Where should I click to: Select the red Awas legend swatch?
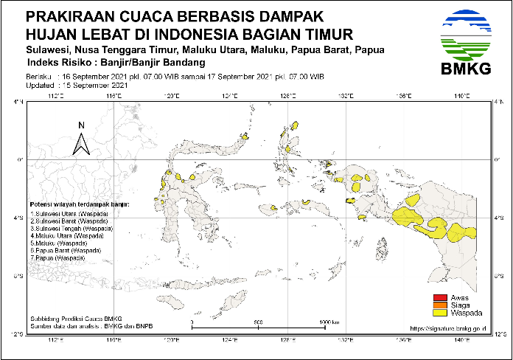point(439,297)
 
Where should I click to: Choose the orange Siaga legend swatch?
point(439,305)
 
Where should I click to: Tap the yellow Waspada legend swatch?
point(439,312)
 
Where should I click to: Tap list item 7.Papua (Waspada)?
point(57,259)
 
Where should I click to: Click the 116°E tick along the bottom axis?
point(114,340)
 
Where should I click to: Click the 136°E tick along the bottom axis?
point(404,340)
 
